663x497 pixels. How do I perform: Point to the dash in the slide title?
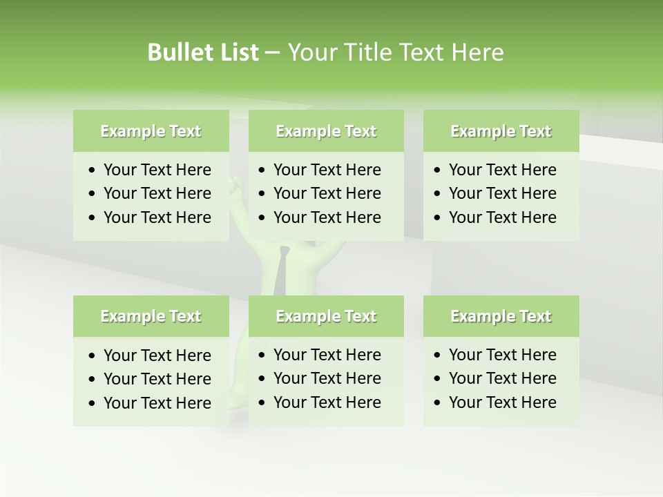click(x=272, y=53)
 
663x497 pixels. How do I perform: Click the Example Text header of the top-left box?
click(x=151, y=131)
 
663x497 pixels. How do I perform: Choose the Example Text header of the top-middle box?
click(x=326, y=131)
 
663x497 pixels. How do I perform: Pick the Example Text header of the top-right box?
click(x=501, y=131)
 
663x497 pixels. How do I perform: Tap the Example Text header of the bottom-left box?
click(x=151, y=316)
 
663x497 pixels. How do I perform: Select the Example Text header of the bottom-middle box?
click(x=326, y=316)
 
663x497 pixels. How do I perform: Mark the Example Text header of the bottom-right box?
click(x=501, y=316)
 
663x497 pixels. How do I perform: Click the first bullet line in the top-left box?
click(x=157, y=170)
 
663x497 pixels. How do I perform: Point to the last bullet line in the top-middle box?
click(x=327, y=217)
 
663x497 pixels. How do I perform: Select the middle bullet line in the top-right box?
click(x=502, y=193)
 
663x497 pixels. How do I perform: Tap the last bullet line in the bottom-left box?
click(x=157, y=403)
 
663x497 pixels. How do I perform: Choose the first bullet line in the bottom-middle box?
click(x=327, y=355)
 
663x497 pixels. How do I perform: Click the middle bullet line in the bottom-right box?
click(x=502, y=378)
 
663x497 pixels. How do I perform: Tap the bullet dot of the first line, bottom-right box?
click(x=437, y=355)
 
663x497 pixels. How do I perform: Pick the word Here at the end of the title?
click(x=477, y=52)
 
